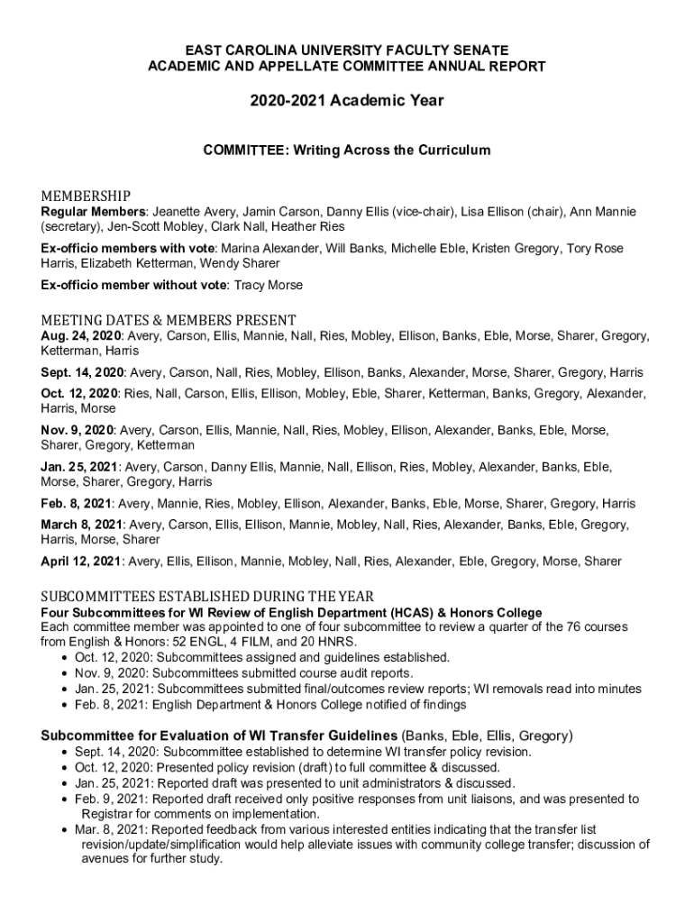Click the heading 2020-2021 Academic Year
click(347, 101)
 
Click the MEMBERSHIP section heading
click(86, 196)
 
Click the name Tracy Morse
click(269, 285)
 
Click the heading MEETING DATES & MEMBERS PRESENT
click(169, 319)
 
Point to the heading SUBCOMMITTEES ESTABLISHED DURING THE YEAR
click(207, 597)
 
